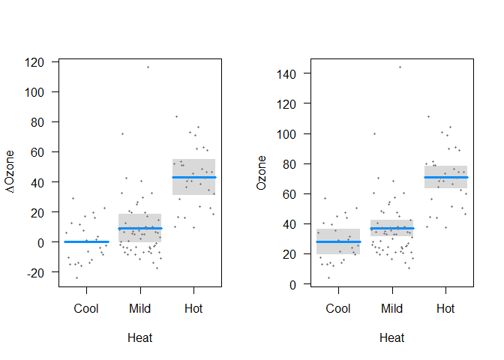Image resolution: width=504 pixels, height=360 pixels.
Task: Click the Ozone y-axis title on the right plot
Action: coord(262,173)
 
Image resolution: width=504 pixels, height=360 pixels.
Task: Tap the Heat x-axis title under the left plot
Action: coord(139,338)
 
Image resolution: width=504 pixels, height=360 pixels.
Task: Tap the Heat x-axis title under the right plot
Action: coord(391,338)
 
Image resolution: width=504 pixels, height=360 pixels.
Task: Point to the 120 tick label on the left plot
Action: coord(43,61)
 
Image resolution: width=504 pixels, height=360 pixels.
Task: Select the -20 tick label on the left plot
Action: coord(43,273)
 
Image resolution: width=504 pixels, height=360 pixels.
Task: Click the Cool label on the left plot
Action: coord(86,309)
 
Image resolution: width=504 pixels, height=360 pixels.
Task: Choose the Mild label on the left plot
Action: coord(139,309)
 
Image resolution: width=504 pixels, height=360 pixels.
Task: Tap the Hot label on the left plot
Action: coord(193,309)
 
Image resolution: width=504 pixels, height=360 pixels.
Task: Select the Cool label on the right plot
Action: coord(338,309)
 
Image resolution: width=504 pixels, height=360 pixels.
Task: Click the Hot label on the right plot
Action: coord(445,309)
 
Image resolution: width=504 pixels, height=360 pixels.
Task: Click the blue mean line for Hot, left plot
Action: coord(193,177)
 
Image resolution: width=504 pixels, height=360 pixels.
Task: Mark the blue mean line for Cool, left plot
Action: coord(86,241)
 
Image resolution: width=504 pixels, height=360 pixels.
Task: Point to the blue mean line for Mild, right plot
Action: coord(391,228)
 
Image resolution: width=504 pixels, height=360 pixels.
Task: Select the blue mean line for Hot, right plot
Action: coord(445,177)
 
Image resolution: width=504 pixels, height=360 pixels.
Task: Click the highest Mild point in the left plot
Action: coord(148,67)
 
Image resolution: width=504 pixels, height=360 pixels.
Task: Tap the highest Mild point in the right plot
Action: coord(400,67)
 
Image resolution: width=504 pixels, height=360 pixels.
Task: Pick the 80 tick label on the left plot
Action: coord(46,121)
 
